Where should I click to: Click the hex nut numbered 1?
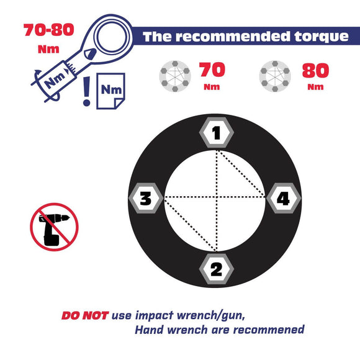point(216,133)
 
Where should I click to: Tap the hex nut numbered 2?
point(216,269)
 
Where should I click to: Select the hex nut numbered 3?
point(146,199)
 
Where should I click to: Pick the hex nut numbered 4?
point(283,199)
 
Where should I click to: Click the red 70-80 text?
point(49,30)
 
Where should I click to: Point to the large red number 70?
point(212,70)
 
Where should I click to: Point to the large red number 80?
point(315,71)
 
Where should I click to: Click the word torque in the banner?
point(322,37)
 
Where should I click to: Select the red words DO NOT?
point(84,315)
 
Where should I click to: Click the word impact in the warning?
point(154,316)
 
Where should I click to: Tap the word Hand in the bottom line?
point(149,330)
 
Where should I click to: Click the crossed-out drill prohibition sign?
point(54,227)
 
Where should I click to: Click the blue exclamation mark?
point(86,91)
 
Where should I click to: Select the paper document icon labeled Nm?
point(110,91)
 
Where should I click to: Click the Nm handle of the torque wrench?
point(56,79)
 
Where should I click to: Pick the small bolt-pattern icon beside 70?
point(175,76)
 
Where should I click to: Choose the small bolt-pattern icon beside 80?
point(275,76)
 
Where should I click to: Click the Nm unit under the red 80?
point(315,87)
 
